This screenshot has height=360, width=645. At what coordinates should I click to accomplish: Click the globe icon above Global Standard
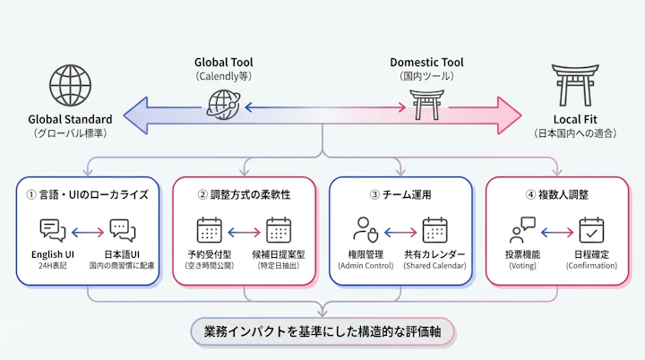[x=70, y=85]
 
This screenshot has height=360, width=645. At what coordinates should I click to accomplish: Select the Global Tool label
[x=224, y=63]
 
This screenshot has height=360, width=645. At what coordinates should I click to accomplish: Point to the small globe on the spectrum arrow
[x=221, y=107]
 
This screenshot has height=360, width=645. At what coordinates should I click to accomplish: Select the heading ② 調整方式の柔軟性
[x=244, y=193]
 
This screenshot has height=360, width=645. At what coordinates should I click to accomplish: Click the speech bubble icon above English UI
[x=53, y=231]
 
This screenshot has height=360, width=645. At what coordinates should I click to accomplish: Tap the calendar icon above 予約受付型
[x=209, y=231]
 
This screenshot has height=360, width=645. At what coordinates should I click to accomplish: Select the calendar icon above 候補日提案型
[x=279, y=231]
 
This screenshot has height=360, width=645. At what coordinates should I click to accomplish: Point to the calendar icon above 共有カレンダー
[x=435, y=231]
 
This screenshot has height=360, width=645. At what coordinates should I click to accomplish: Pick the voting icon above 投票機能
[x=521, y=231]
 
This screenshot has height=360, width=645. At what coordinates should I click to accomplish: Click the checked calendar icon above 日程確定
[x=591, y=231]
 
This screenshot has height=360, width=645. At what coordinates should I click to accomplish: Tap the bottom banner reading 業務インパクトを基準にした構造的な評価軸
[x=322, y=332]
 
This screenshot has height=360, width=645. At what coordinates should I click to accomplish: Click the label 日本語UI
[x=124, y=255]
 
